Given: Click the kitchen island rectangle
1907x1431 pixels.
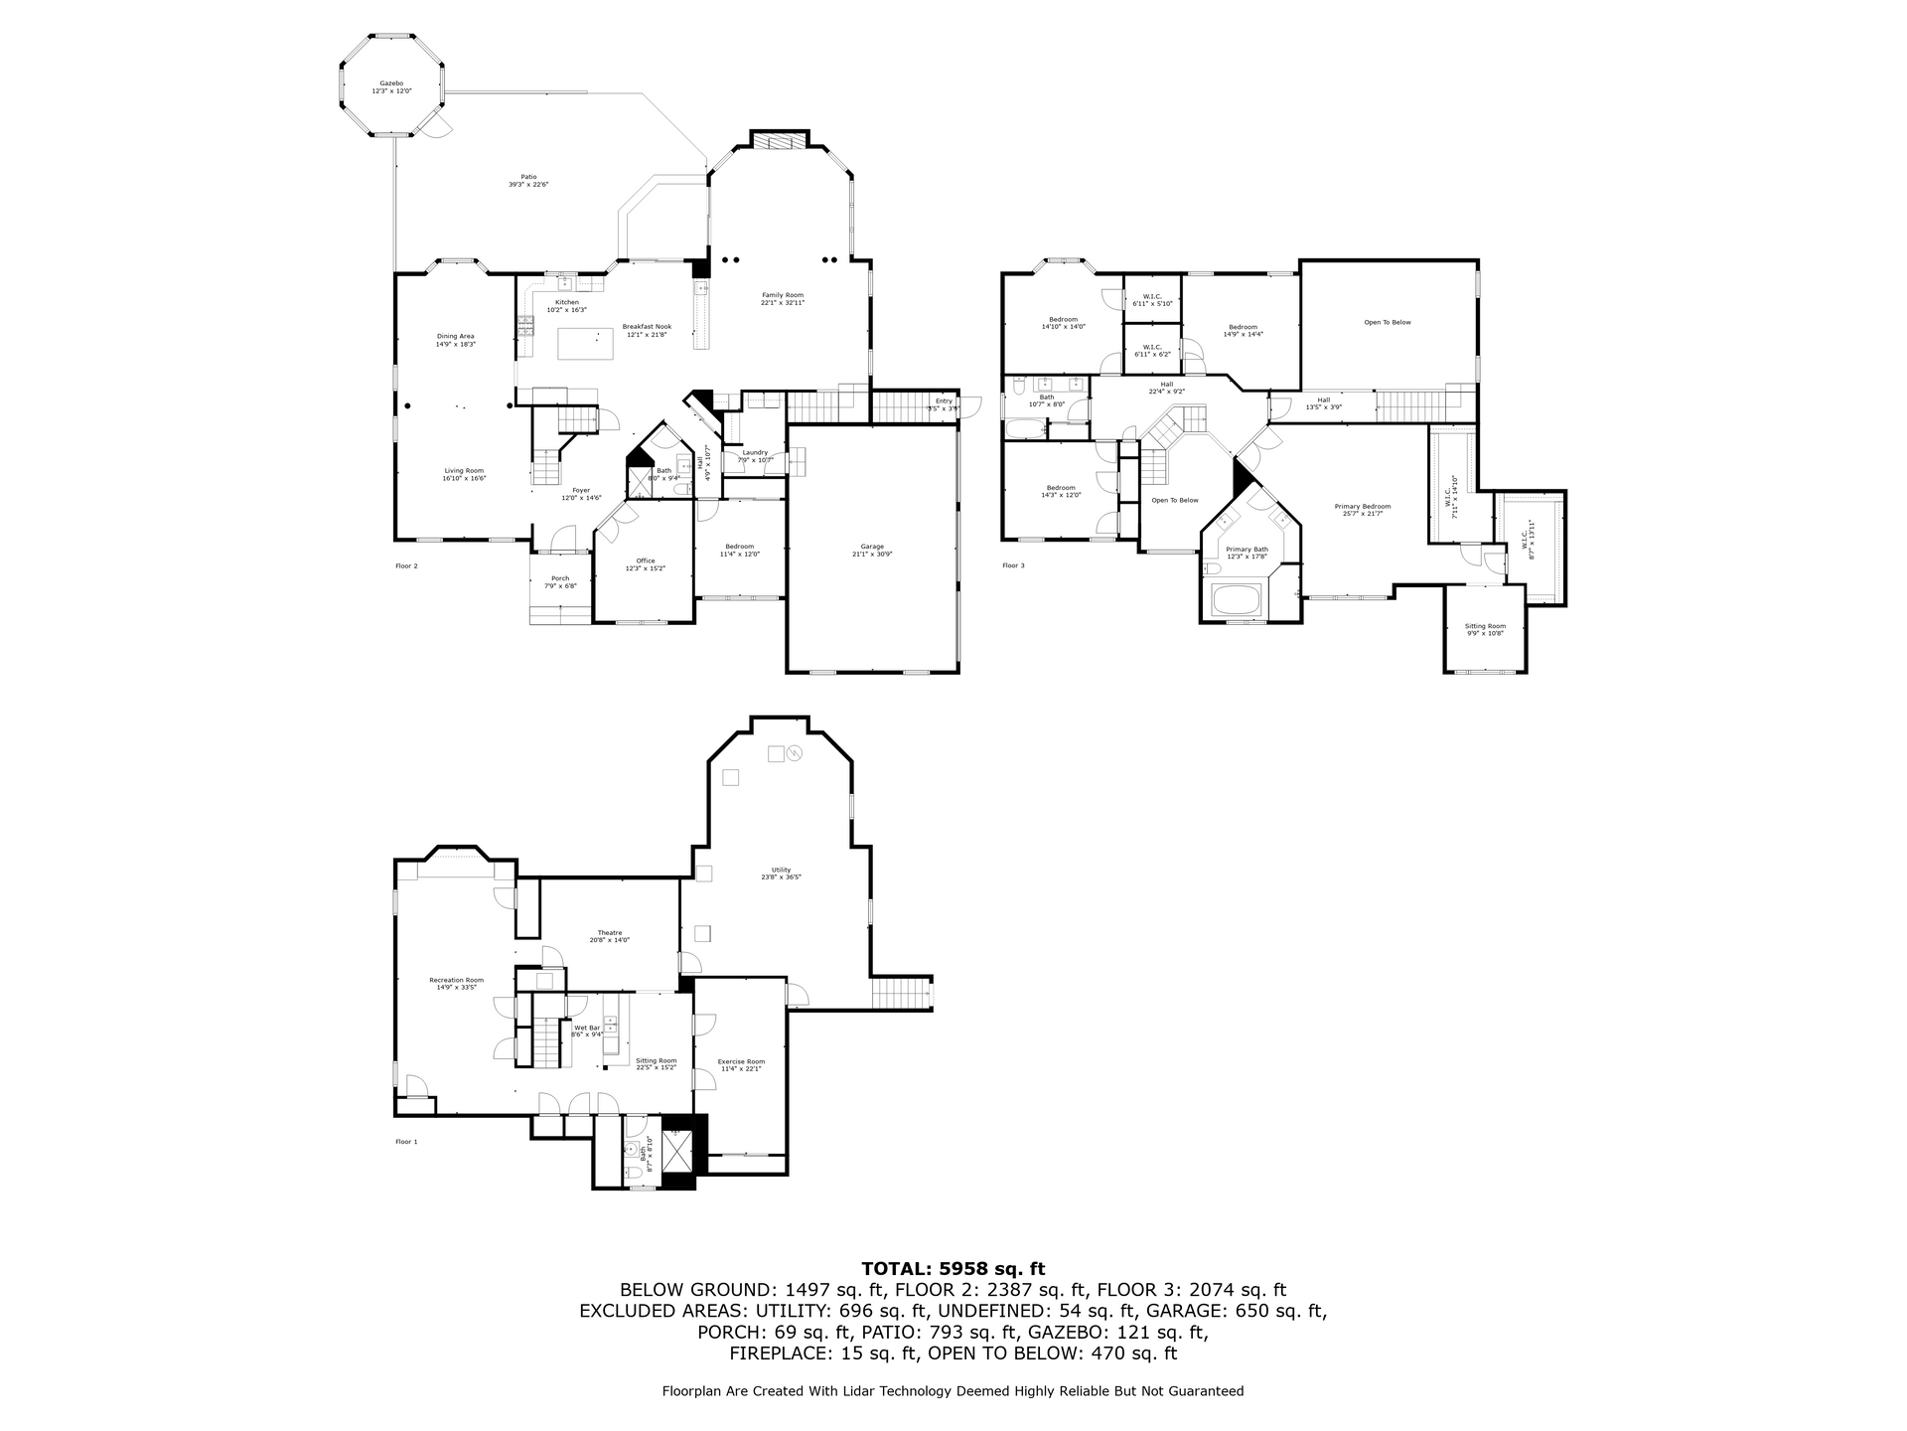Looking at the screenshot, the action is (x=585, y=343).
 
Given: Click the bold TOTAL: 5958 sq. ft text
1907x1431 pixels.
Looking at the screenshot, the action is (x=953, y=1268).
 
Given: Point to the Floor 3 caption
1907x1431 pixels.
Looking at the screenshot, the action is (x=1012, y=565).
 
